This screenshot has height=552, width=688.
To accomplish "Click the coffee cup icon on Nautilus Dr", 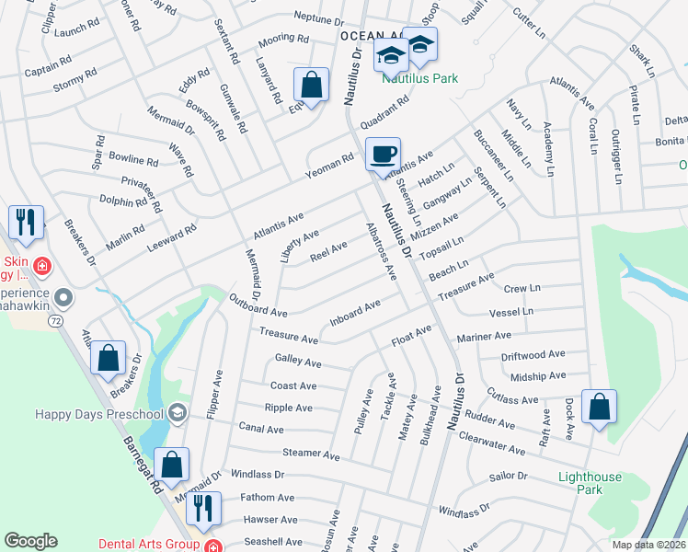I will [383, 154].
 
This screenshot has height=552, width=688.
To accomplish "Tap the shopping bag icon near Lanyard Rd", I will [312, 86].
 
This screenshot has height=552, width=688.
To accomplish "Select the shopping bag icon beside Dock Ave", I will [599, 407].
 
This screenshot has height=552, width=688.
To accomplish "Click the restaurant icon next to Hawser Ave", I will [203, 508].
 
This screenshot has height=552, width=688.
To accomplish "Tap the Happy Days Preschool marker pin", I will [178, 413].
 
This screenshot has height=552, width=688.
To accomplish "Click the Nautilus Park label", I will [420, 79].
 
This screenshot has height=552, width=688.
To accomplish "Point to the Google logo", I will [30, 541].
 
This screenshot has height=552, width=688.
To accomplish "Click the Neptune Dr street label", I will [317, 17].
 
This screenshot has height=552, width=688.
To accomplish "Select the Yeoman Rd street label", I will [329, 164].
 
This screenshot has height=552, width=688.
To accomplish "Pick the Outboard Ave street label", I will [258, 305].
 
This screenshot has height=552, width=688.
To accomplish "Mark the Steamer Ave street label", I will [311, 454].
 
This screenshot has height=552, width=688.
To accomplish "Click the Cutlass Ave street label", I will [512, 399].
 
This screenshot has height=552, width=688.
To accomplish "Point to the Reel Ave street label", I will [328, 250].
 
